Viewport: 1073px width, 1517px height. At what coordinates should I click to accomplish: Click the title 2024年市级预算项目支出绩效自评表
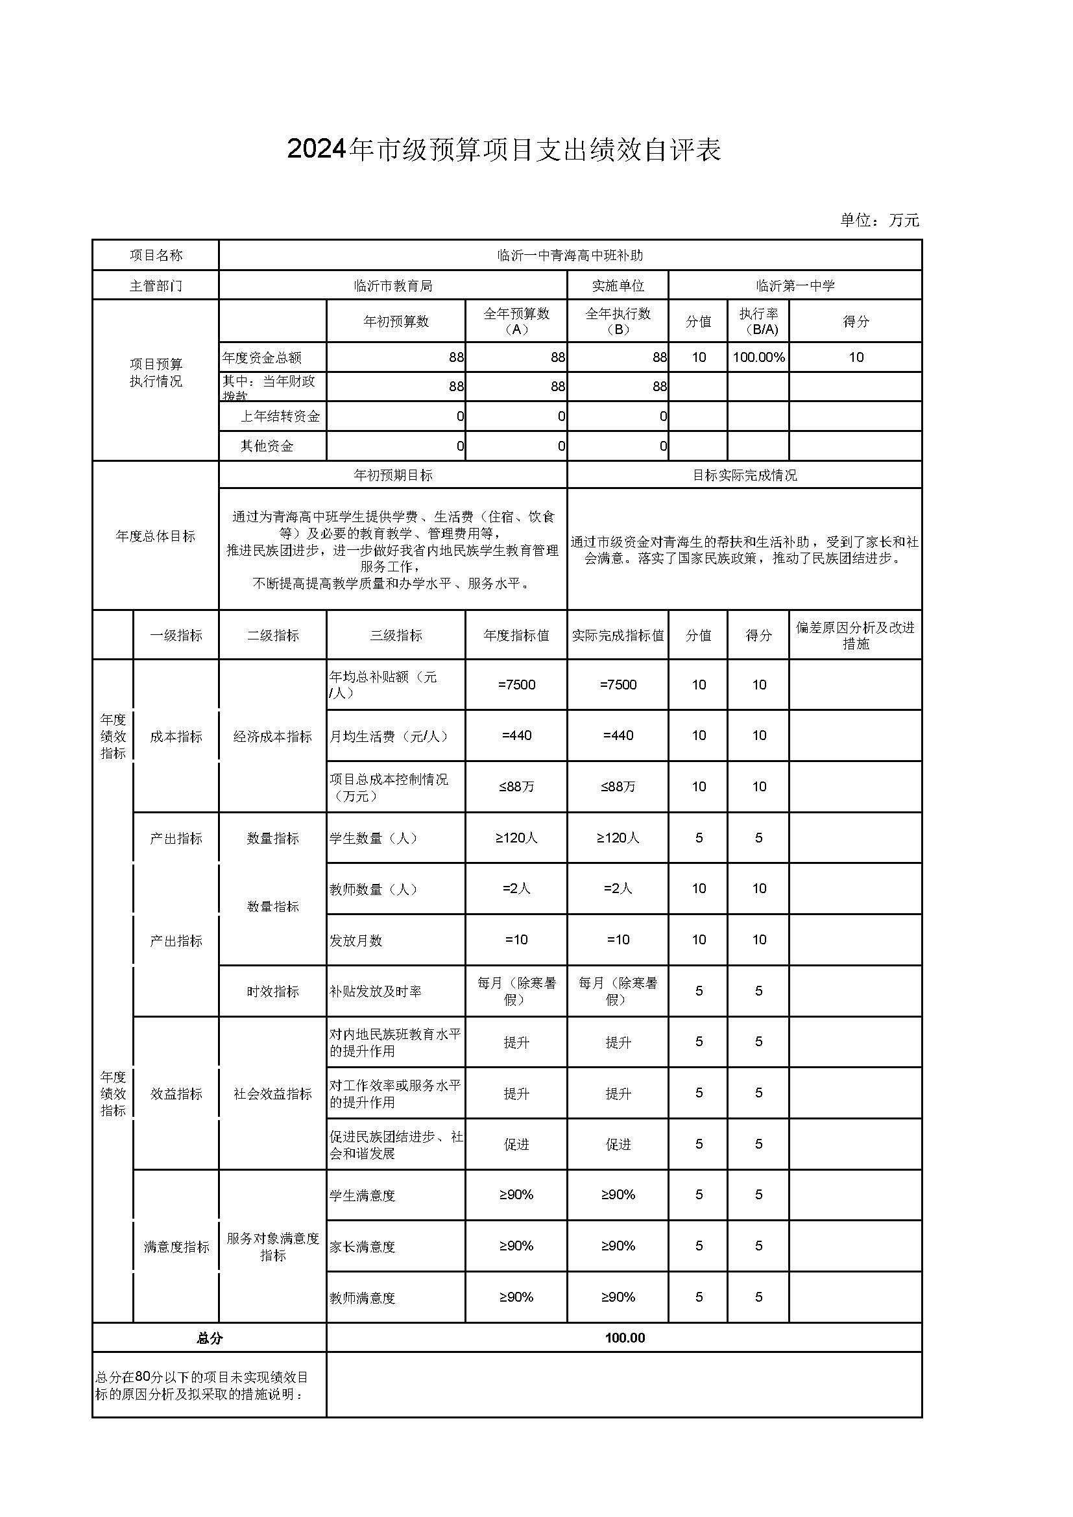[503, 150]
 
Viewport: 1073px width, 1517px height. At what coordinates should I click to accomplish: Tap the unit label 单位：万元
[879, 220]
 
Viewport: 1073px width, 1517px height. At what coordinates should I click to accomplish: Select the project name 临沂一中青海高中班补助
[570, 255]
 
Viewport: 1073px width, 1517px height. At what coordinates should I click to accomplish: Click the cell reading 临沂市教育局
[392, 285]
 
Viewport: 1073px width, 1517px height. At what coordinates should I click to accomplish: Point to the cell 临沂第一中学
[795, 285]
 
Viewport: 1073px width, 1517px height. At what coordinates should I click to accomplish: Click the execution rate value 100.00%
[758, 357]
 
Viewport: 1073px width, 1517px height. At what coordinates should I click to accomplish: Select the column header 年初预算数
[396, 321]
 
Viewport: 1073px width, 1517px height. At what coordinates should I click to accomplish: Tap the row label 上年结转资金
[280, 416]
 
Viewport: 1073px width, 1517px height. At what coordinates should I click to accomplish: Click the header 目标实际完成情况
[744, 475]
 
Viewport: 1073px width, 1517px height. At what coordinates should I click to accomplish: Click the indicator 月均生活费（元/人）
[389, 736]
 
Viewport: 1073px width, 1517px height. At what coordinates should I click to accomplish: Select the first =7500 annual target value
[516, 684]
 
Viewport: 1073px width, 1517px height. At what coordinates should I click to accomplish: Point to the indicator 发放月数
[356, 940]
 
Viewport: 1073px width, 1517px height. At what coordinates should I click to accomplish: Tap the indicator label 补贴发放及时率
[374, 991]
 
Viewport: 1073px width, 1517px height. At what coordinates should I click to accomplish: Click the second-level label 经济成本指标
[272, 736]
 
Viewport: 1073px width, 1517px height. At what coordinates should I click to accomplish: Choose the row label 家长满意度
[362, 1247]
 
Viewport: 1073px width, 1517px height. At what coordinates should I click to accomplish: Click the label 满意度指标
[176, 1247]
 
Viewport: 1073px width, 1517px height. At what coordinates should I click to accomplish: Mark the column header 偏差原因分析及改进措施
[855, 635]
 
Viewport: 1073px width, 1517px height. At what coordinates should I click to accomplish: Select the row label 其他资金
[266, 446]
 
